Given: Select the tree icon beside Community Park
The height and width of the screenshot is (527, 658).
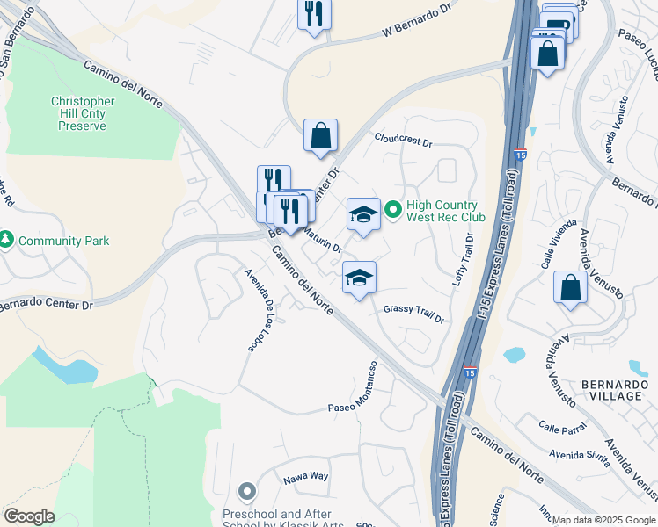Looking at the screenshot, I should pyautogui.click(x=7, y=239).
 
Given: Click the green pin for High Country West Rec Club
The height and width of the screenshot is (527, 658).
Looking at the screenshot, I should pyautogui.click(x=393, y=210).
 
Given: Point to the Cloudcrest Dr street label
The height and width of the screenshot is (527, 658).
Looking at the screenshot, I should pyautogui.click(x=404, y=141).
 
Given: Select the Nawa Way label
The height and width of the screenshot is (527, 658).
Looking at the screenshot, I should pyautogui.click(x=305, y=476).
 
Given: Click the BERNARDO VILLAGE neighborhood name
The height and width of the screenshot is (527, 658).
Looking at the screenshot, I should pyautogui.click(x=611, y=390).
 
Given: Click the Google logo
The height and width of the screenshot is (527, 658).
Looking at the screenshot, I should pyautogui.click(x=29, y=516).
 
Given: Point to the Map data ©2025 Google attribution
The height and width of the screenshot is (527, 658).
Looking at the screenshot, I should pyautogui.click(x=603, y=520).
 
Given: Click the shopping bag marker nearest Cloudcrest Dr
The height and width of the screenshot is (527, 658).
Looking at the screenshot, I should pyautogui.click(x=321, y=136).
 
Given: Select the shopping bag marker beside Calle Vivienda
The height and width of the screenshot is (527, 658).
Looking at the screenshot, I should pyautogui.click(x=571, y=287).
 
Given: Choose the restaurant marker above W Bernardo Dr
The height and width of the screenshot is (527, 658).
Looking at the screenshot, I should pyautogui.click(x=314, y=15).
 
